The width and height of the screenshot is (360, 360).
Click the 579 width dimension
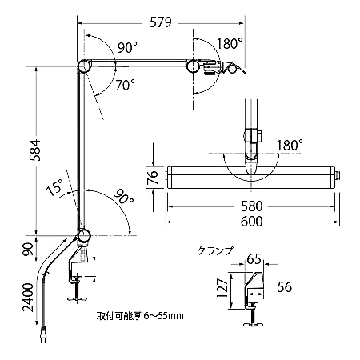[161, 22]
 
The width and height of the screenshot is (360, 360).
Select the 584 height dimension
[35, 150]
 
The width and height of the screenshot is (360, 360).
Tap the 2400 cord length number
[29, 298]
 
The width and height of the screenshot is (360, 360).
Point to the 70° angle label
[126, 85]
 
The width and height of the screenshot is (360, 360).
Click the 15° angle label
[55, 187]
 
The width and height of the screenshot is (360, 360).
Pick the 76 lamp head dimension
[153, 178]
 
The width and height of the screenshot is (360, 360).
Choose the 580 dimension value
[252, 206]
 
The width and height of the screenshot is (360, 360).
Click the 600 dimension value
[252, 222]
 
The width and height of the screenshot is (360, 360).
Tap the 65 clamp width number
[254, 258]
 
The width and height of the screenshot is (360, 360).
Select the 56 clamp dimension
[285, 287]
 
